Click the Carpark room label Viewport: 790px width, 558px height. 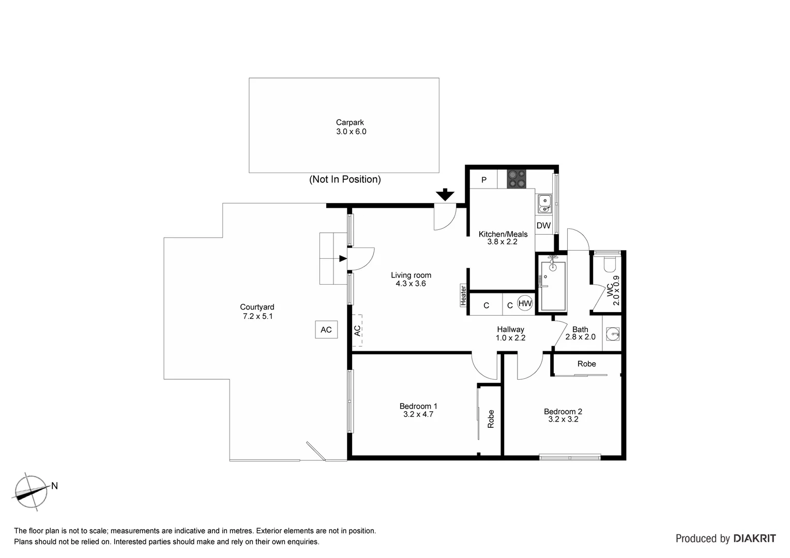(x=350, y=123)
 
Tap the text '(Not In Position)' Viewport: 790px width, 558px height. (x=345, y=179)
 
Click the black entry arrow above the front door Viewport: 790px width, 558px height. (x=445, y=195)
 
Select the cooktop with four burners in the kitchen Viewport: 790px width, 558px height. (x=516, y=179)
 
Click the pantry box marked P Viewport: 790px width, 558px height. (x=484, y=180)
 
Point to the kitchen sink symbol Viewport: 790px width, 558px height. (x=544, y=204)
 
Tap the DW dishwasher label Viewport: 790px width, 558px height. (x=543, y=226)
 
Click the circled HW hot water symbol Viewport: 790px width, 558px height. (x=525, y=304)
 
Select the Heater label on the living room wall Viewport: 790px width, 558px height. (x=463, y=296)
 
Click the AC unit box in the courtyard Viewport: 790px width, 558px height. (x=326, y=330)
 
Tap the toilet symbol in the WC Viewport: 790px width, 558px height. (x=610, y=264)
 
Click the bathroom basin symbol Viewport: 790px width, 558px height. (x=613, y=334)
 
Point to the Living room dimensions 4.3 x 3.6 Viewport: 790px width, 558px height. (x=411, y=284)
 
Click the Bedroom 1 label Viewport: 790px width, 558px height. (x=418, y=406)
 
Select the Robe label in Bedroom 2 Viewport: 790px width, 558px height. (x=586, y=364)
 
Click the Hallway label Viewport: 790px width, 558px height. (x=510, y=330)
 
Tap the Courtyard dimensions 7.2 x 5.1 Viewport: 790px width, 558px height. (x=257, y=316)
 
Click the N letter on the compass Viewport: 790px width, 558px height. (x=54, y=486)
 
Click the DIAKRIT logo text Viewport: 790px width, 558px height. (x=754, y=538)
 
